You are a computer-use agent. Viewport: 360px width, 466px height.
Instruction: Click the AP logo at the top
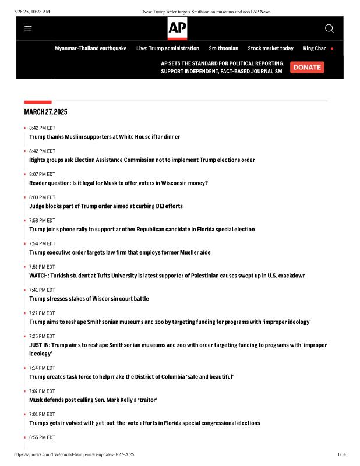177,28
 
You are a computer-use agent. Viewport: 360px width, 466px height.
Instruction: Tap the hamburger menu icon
28,29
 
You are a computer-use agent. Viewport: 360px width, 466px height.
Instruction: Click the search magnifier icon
329,29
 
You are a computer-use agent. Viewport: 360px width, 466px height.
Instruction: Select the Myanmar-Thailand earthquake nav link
90,48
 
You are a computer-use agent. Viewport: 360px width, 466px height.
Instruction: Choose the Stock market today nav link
270,48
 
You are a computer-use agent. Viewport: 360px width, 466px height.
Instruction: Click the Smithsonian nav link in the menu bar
223,48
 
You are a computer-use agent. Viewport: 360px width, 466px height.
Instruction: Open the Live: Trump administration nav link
168,48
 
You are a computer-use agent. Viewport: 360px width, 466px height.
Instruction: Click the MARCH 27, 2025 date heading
45,112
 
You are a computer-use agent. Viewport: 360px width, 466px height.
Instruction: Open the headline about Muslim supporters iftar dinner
104,137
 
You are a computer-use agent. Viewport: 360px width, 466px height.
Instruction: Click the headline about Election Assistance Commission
142,160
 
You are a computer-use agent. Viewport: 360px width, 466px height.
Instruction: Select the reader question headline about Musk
118,183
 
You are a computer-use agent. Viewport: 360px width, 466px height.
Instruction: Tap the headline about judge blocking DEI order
105,206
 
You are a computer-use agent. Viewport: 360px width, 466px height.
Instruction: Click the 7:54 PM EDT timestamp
42,243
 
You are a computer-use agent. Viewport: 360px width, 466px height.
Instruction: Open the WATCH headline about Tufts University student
167,276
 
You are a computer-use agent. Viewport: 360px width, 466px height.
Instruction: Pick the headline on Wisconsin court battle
89,299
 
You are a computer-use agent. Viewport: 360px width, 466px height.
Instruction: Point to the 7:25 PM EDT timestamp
42,336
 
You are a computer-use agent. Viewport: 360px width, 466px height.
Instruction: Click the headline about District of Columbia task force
131,377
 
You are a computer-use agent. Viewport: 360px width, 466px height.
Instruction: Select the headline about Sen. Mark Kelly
93,400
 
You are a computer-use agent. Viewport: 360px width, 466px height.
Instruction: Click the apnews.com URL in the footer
74,454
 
